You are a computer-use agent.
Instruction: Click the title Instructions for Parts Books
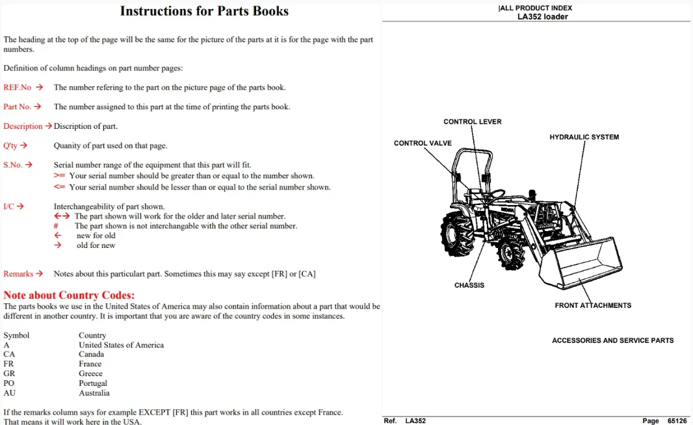pyautogui.click(x=204, y=11)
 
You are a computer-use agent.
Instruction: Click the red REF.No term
pyautogui.click(x=18, y=88)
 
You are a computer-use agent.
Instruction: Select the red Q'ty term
pyautogui.click(x=10, y=146)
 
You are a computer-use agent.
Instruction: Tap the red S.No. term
pyautogui.click(x=13, y=165)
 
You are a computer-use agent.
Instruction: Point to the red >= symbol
pyautogui.click(x=59, y=176)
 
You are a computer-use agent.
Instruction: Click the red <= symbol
pyautogui.click(x=59, y=187)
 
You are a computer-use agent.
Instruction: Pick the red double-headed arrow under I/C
pyautogui.click(x=62, y=216)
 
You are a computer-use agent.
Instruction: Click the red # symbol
pyautogui.click(x=56, y=226)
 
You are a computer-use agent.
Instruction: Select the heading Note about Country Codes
pyautogui.click(x=69, y=295)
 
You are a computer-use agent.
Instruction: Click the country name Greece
pyautogui.click(x=90, y=374)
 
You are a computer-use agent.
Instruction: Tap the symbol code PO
pyautogui.click(x=9, y=383)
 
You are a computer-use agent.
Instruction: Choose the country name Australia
pyautogui.click(x=94, y=393)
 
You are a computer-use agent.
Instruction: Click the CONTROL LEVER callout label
pyautogui.click(x=473, y=122)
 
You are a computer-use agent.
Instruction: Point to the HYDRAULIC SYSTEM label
pyautogui.click(x=584, y=137)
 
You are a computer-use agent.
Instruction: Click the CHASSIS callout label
pyautogui.click(x=469, y=285)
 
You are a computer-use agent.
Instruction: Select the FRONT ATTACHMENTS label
pyautogui.click(x=593, y=306)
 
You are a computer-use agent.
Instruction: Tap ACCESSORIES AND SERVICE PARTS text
pyautogui.click(x=613, y=340)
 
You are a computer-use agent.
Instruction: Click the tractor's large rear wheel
pyautogui.click(x=458, y=234)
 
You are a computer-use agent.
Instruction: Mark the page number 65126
pyautogui.click(x=677, y=421)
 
